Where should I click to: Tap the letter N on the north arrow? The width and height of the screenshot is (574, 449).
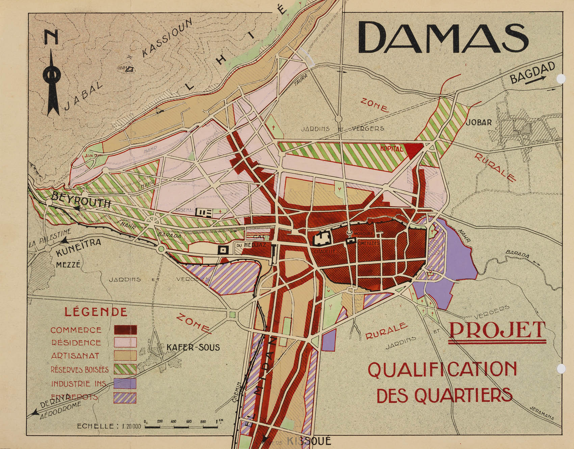click(x=51, y=37)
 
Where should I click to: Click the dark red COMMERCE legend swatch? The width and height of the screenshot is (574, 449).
click(x=125, y=330)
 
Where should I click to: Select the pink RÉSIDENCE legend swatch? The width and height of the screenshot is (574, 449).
click(x=125, y=342)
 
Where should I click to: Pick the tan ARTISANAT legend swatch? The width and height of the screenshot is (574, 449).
click(x=125, y=356)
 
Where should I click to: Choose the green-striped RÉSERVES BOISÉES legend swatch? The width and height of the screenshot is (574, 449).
click(x=125, y=369)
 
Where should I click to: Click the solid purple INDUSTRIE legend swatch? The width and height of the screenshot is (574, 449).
click(x=125, y=384)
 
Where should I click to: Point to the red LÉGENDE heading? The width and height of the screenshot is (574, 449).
click(x=96, y=312)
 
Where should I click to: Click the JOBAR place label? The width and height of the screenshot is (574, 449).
click(x=478, y=122)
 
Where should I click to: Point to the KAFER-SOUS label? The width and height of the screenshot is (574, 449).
click(x=193, y=347)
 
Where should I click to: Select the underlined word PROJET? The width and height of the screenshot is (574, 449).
click(x=497, y=331)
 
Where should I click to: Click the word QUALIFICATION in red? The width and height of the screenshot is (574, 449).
click(x=442, y=369)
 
